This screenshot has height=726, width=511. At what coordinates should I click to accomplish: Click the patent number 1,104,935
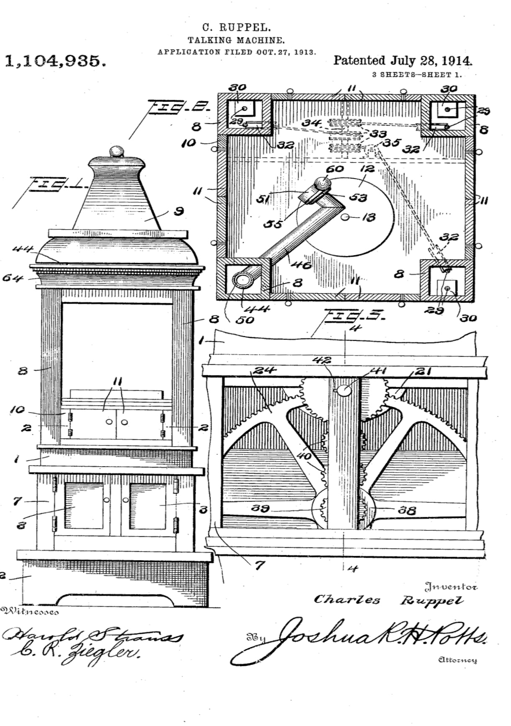[54, 61]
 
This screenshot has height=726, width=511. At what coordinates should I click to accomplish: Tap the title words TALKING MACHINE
[236, 41]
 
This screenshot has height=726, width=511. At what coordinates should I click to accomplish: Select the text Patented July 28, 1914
[403, 61]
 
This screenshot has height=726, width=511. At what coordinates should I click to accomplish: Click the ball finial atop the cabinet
[117, 151]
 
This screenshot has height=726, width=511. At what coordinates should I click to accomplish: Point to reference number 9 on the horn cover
[179, 212]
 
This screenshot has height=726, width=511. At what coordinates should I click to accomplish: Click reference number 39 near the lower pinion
[260, 509]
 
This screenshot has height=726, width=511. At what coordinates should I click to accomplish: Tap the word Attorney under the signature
[457, 660]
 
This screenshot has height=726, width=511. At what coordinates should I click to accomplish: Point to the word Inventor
[451, 586]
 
